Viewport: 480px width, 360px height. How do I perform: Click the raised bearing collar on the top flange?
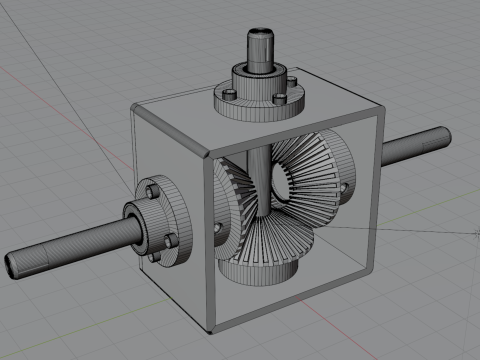[x=258, y=77]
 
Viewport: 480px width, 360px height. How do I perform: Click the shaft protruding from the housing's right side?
[x=420, y=147]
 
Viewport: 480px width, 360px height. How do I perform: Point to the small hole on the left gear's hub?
[x=218, y=226]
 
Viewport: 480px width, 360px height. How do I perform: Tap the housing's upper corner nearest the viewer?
[x=207, y=157]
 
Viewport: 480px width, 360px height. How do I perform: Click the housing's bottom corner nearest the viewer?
[x=208, y=333]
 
